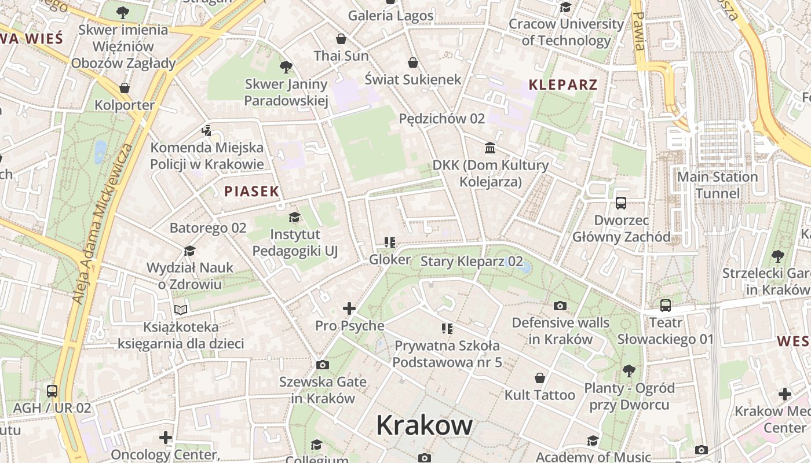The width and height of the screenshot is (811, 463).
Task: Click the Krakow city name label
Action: tap(424, 426)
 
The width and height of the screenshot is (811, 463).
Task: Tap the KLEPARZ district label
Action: tap(562, 85)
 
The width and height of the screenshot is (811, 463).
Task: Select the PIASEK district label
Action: tap(251, 191)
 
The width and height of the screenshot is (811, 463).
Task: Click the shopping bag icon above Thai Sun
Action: tap(341, 39)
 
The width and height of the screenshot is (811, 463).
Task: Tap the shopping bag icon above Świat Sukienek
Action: tap(413, 63)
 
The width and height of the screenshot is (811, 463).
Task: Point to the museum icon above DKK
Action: tap(490, 148)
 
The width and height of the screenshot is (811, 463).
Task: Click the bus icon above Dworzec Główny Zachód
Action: tap(621, 203)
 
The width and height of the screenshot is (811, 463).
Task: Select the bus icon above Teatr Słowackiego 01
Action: tap(665, 305)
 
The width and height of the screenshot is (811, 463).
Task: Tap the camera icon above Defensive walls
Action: tap(560, 306)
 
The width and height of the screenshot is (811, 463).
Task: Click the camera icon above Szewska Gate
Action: tap(323, 365)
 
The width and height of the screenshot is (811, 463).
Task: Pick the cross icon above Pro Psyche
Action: tap(349, 308)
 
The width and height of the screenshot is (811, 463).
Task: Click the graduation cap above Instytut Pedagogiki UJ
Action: tap(295, 218)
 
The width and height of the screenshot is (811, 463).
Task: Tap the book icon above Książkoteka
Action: tap(181, 310)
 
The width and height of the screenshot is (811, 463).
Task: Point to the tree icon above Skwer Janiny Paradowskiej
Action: tap(286, 67)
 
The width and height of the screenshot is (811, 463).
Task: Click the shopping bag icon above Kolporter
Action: tap(124, 88)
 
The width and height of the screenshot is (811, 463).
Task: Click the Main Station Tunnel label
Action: tap(717, 185)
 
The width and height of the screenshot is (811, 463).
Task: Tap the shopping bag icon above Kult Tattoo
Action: tap(540, 378)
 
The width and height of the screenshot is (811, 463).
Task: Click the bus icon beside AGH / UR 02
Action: tap(52, 391)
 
